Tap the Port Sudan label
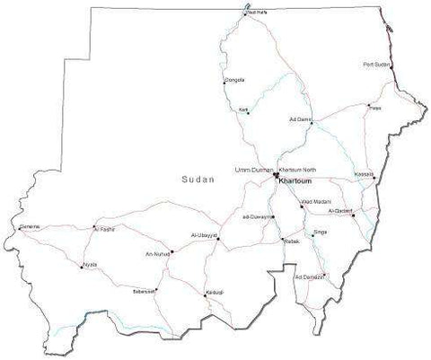376,66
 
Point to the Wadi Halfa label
257,13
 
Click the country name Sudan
198,180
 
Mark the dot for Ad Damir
311,123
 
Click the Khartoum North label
298,170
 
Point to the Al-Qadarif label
341,212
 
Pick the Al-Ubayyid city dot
217,240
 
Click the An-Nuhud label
158,253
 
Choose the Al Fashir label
104,229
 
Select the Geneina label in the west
30,227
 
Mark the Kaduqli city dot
203,294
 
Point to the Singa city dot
312,235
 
